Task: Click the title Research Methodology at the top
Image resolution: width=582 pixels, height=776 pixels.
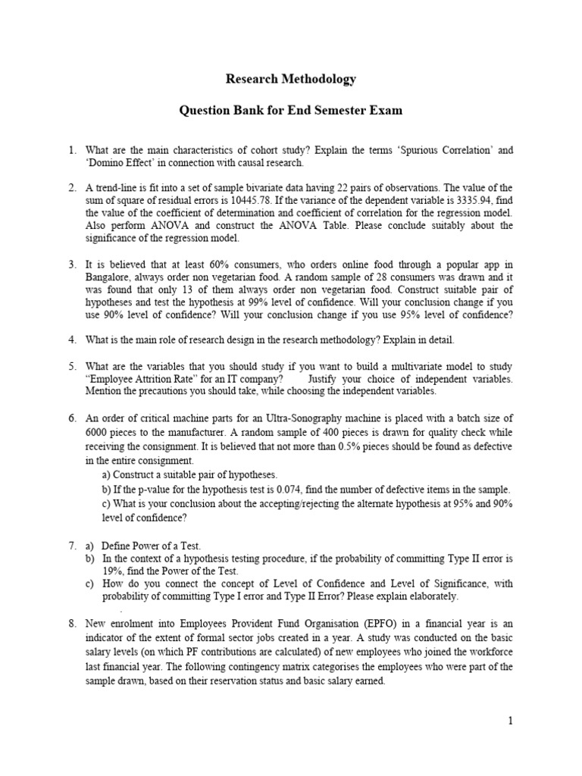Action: click(291, 79)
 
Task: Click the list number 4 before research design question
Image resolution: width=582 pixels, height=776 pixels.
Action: click(71, 340)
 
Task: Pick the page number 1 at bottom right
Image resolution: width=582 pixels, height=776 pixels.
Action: click(511, 721)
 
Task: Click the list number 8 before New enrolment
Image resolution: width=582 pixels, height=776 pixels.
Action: click(71, 623)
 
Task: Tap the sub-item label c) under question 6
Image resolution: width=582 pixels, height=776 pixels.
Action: click(106, 503)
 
